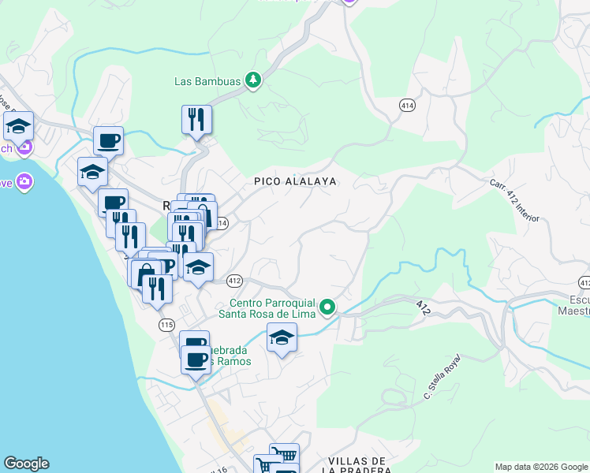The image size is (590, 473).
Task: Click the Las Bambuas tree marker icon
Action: tap(252, 80)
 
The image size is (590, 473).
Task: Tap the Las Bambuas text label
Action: tap(208, 80)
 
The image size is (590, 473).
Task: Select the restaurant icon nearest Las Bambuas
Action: tap(196, 120)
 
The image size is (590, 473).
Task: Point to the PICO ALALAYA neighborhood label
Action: tap(295, 181)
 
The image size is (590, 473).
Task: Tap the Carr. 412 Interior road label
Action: tap(514, 201)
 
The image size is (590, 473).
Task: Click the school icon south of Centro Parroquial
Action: tap(282, 337)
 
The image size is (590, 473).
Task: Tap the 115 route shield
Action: tap(166, 325)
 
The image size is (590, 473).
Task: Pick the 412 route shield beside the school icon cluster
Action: tap(234, 281)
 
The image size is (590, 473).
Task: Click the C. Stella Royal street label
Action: tap(441, 376)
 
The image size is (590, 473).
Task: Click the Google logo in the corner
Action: tap(26, 464)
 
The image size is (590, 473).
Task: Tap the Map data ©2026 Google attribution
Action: tap(540, 467)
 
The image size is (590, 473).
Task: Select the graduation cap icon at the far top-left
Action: tap(17, 125)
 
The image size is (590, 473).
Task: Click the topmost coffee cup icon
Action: tap(109, 141)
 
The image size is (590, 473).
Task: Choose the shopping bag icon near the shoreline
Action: tap(146, 275)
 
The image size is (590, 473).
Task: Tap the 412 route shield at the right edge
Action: tap(584, 282)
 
